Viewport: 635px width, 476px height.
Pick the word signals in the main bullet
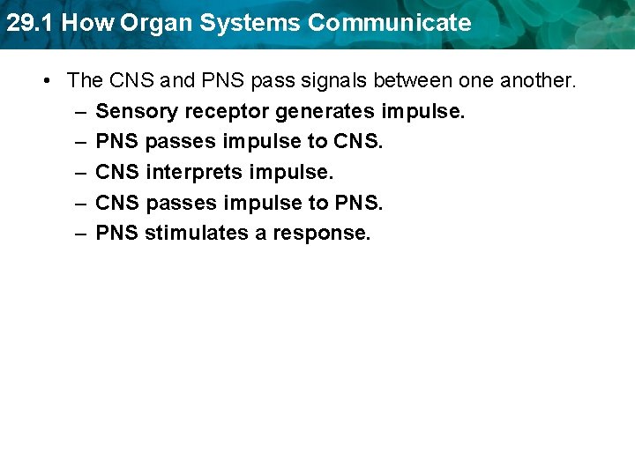[x=334, y=81]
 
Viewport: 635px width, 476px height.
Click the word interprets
[x=191, y=173]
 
